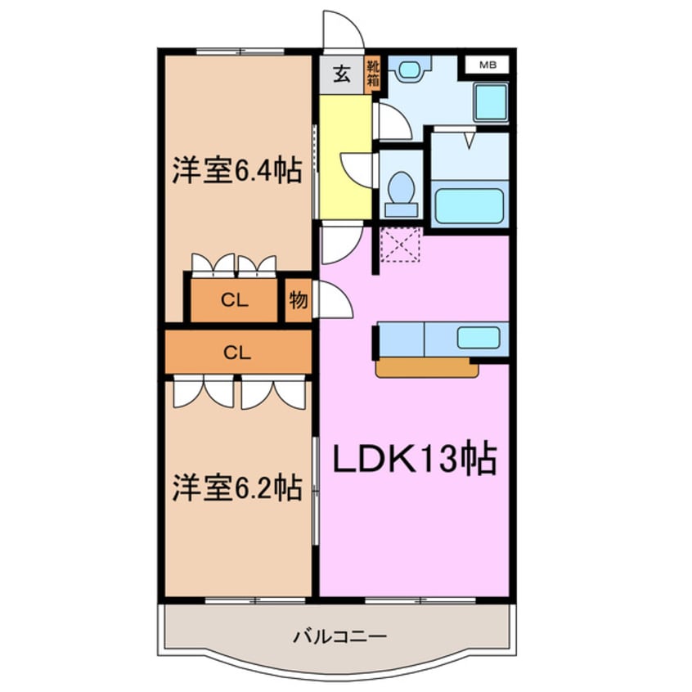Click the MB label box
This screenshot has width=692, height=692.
tap(486, 65)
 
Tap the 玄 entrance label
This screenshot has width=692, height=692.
tap(342, 75)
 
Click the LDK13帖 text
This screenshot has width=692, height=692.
tap(415, 461)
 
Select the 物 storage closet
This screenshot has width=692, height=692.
tap(298, 300)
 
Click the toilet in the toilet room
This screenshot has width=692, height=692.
tap(402, 191)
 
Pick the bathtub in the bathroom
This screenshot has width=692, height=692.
tap(468, 205)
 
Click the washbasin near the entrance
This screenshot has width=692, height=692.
tap(407, 70)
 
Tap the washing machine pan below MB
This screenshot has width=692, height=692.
tap(492, 103)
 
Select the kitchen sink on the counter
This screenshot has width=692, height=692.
tap(478, 337)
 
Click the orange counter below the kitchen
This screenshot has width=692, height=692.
tap(426, 368)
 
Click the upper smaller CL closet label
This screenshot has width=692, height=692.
tap(235, 300)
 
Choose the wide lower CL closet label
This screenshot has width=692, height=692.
tap(237, 353)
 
